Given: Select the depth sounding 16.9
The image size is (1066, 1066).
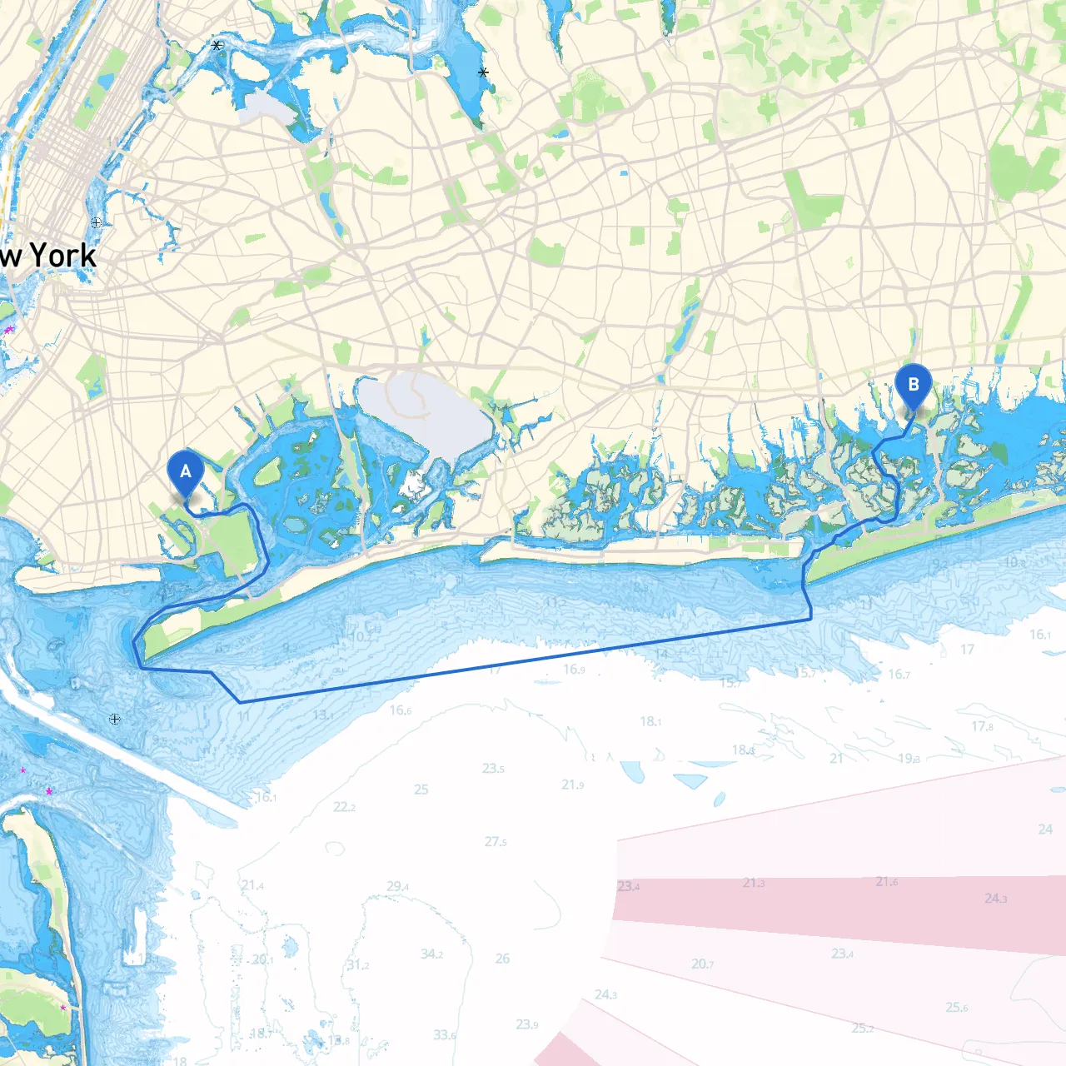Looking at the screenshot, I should pyautogui.click(x=574, y=669).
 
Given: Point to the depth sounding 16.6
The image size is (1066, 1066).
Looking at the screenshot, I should pyautogui.click(x=400, y=710).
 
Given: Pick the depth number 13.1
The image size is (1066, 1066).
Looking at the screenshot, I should pyautogui.click(x=323, y=715).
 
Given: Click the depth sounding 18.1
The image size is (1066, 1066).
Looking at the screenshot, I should pyautogui.click(x=650, y=721).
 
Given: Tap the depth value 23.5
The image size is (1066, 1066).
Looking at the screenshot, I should pyautogui.click(x=493, y=768).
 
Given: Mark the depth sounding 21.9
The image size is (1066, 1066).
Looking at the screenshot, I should pyautogui.click(x=572, y=785).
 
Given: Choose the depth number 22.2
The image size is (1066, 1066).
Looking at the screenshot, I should pyautogui.click(x=344, y=807).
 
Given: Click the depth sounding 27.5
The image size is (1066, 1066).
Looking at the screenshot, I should pyautogui.click(x=496, y=842).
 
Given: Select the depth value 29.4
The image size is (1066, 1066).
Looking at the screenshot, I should pyautogui.click(x=397, y=886).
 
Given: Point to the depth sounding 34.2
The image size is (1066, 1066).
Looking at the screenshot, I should pyautogui.click(x=431, y=954).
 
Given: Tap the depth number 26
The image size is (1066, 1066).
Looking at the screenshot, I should pyautogui.click(x=502, y=959).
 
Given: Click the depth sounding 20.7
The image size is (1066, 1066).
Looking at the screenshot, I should pyautogui.click(x=702, y=964).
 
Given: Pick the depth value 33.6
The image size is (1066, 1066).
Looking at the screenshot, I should pyautogui.click(x=445, y=1035).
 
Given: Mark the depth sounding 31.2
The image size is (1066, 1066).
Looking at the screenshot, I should pyautogui.click(x=357, y=965).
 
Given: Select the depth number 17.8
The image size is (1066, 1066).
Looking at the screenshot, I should pyautogui.click(x=982, y=726).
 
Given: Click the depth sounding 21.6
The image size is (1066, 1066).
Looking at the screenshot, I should pyautogui.click(x=886, y=881).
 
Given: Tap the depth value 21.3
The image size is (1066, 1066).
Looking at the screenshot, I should pyautogui.click(x=754, y=883).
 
